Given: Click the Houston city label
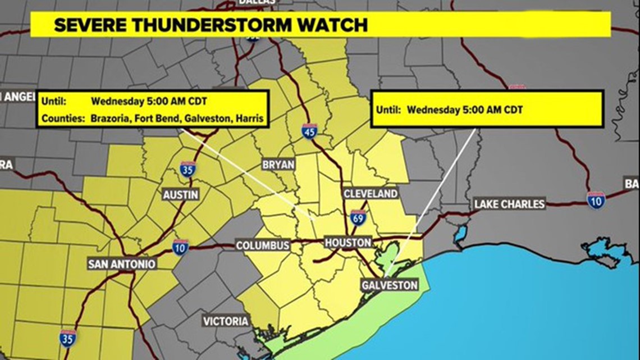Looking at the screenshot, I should tap(348, 243).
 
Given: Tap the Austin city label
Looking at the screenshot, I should tap(180, 194).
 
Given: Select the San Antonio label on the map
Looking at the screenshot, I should tap(122, 263).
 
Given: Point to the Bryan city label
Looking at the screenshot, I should tap(278, 165).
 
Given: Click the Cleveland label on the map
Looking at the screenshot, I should tap(371, 194).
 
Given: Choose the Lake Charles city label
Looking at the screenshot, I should tap(509, 203).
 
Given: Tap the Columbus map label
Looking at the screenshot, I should tap(263, 245).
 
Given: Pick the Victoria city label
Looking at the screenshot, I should tap(226, 321).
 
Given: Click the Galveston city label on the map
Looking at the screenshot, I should tap(390, 285).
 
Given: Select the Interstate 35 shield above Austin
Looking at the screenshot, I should tap(188, 168).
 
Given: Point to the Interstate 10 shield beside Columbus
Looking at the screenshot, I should tap(180, 247).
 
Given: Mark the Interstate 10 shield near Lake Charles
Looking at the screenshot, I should tap(596, 199).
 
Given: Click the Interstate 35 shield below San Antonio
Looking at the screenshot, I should tap(68, 338).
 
